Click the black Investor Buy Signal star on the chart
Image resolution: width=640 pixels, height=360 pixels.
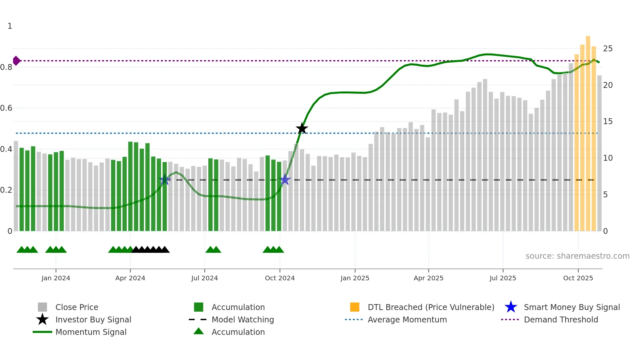pos(302,128)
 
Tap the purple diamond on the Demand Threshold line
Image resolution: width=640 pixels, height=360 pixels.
pos(16,61)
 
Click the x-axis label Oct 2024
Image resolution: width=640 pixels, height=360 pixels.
pos(280,278)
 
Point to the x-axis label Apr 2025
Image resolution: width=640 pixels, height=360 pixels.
pos(428,278)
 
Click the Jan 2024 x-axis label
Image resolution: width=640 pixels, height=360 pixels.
pos(56,278)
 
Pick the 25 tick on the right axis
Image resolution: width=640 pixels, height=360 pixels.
pos(608,49)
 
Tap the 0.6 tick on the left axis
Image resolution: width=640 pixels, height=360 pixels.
pos(6,108)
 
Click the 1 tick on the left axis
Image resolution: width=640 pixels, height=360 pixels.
pos(10,26)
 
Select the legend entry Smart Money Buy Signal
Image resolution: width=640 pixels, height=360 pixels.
pos(571,307)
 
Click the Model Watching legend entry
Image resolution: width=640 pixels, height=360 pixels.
pos(243,319)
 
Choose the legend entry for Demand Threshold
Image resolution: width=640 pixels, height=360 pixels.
pos(561,319)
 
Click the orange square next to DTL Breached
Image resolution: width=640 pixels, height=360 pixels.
pos(355,307)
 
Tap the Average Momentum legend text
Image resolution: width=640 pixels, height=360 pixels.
pos(407,319)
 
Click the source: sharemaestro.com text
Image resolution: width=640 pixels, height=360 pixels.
pos(577,256)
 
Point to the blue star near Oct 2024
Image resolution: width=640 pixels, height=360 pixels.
pos(285,179)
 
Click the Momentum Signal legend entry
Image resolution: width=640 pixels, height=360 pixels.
pos(91,332)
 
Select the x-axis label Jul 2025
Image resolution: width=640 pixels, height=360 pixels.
pos(503,278)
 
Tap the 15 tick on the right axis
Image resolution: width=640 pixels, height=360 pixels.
pos(608,122)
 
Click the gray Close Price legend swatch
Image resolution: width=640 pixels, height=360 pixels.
pos(42,307)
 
